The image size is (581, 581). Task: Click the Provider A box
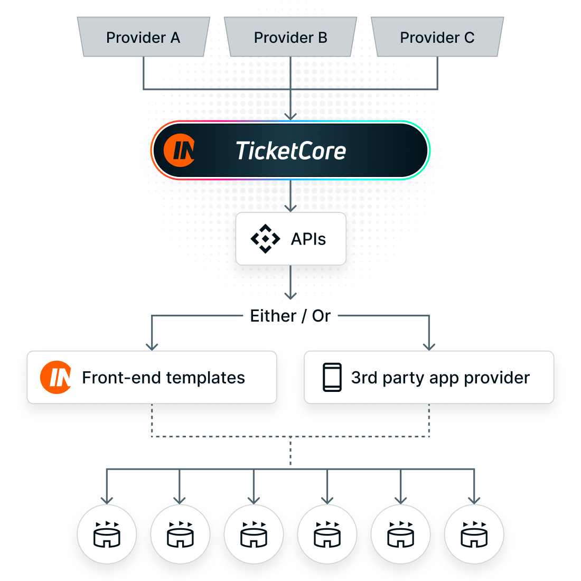coord(143,37)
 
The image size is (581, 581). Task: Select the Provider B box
coord(290,37)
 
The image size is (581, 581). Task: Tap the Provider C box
coord(437,37)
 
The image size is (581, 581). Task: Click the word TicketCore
coord(290,151)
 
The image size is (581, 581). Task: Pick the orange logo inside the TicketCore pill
coord(179,151)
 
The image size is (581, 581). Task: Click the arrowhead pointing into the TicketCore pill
coord(290,116)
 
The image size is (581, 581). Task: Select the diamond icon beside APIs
coord(265,239)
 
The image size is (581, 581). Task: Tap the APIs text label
coord(308,239)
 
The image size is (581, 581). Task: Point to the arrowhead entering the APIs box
coord(290,207)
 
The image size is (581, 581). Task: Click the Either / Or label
coord(290,316)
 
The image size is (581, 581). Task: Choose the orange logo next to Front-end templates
coord(56,377)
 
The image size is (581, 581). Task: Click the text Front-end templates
coord(163,378)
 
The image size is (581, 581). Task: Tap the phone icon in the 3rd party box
coord(332,377)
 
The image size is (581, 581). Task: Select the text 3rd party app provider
coord(440,378)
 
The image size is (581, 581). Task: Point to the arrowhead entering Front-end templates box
coord(152,346)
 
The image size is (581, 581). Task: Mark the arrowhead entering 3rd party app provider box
coord(429,346)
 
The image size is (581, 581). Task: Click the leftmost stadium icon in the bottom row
coord(107,534)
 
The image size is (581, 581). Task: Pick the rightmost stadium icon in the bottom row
coord(474,534)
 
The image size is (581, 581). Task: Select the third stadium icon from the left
coord(254,534)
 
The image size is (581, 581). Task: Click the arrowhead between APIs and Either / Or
coord(290,295)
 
